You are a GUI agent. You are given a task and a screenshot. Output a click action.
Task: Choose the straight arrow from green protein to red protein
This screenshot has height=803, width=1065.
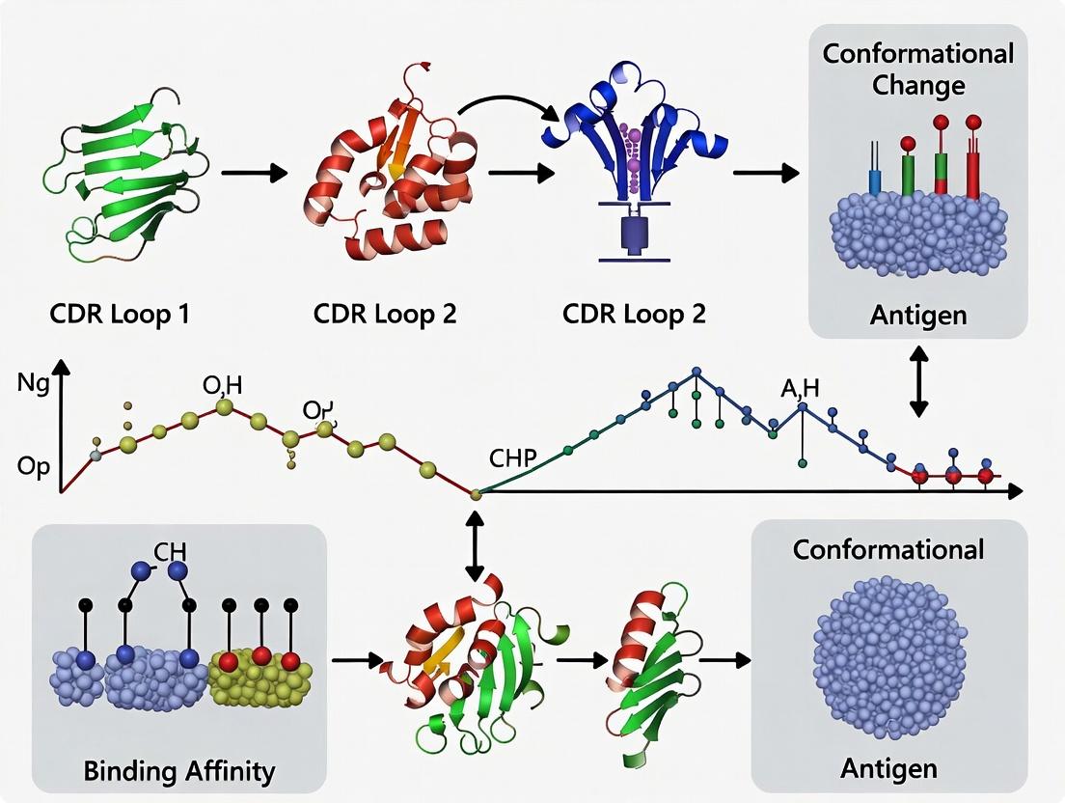(255, 173)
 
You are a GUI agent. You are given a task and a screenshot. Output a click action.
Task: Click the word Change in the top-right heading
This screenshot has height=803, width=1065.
(918, 85)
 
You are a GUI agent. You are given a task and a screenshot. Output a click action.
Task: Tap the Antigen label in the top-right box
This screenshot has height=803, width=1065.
(917, 314)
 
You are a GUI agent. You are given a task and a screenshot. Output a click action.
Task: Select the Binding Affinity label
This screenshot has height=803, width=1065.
(179, 771)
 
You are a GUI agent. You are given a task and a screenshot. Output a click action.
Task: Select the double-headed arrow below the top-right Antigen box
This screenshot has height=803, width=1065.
(917, 381)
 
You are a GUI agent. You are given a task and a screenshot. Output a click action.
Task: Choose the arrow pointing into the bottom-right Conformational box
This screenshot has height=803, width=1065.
(724, 661)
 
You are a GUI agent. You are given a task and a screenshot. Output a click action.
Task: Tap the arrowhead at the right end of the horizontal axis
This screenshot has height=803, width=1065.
(1015, 492)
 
